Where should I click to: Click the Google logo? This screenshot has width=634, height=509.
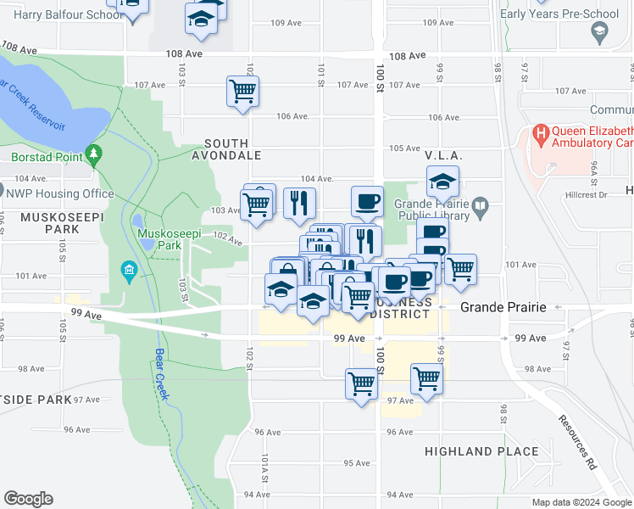point(28,499)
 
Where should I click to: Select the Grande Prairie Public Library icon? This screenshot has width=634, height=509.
point(480,205)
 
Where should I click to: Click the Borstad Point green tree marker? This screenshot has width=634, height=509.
point(93,156)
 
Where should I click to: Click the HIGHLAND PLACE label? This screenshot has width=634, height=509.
point(481,452)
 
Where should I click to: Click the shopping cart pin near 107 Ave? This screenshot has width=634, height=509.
point(242,91)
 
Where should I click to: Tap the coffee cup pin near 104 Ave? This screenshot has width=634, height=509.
point(367,202)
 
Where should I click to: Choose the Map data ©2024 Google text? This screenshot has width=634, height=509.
point(581,502)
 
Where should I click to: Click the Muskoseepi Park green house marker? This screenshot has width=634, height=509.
point(129,271)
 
